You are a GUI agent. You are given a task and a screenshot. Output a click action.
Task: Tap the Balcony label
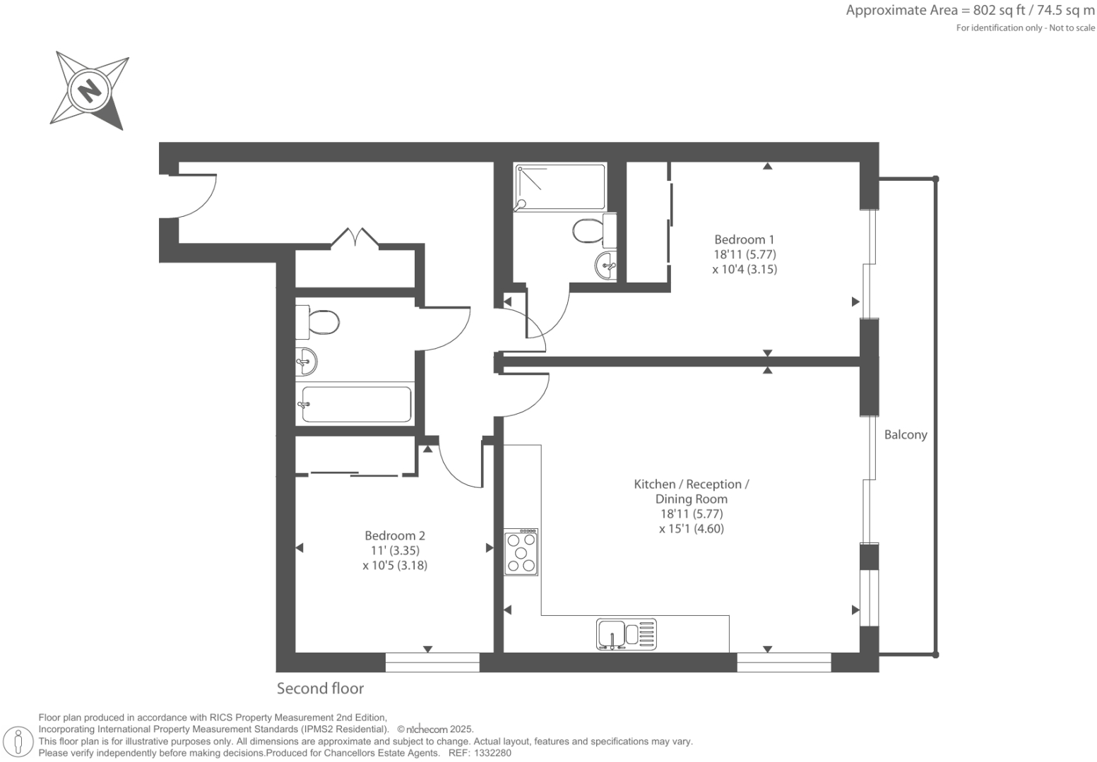[905, 435]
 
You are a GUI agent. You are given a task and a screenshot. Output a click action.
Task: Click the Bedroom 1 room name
[744, 239]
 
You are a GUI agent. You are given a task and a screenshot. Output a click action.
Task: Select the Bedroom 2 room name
[394, 535]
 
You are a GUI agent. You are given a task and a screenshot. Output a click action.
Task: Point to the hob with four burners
[521, 552]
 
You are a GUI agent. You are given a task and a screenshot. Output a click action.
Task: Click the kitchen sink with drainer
[626, 633]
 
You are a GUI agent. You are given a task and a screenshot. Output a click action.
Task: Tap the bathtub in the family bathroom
[356, 405]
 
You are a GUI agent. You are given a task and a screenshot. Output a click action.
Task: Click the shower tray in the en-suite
[560, 186]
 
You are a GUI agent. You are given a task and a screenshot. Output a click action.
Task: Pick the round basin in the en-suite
[606, 266]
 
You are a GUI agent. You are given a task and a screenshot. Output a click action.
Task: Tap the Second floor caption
[320, 688]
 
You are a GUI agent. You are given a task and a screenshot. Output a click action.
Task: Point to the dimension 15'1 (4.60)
[692, 528]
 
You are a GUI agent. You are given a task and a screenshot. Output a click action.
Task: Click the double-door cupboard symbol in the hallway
[355, 237]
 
